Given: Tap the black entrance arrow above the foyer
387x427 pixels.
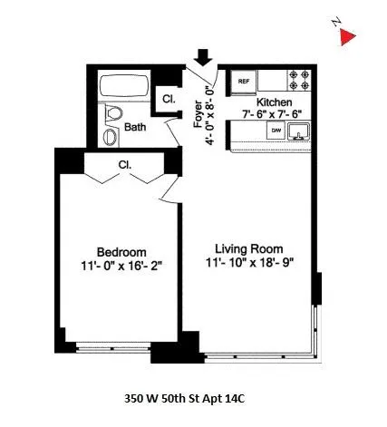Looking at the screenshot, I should [x=202, y=56].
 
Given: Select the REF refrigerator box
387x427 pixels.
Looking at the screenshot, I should [x=244, y=81].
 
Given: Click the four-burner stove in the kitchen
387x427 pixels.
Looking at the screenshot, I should [x=300, y=80].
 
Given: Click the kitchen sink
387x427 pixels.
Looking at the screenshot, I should [x=299, y=132].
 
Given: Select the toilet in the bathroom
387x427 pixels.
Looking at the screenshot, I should [x=112, y=115].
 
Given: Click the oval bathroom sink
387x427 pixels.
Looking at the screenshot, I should [x=109, y=137].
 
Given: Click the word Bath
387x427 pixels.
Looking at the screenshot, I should [x=136, y=128].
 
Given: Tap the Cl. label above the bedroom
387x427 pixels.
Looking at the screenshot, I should [x=125, y=165].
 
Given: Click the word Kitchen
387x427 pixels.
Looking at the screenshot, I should [x=274, y=103].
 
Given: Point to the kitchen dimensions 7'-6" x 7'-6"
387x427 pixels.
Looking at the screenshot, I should [x=274, y=115].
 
